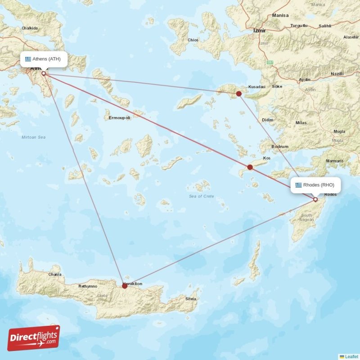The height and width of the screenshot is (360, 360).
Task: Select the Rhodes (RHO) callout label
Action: coord(315,184)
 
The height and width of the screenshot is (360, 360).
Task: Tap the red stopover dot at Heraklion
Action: coord(125,286)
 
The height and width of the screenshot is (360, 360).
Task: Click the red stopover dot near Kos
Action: coord(250,167)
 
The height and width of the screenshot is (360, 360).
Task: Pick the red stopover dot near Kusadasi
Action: coord(239,94)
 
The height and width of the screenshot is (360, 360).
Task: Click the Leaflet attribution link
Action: coord(351,356)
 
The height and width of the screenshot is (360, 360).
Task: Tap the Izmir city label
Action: coord(260,31)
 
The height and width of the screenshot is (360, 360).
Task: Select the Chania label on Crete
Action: coord(55,274)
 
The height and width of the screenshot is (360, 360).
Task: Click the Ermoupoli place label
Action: coord(120,118)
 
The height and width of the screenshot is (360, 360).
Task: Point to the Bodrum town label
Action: coord(280,147)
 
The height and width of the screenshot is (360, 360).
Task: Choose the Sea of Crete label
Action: coord(202,196)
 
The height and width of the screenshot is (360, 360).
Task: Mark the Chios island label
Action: coord(193,40)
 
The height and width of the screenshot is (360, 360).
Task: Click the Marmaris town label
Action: coord(334,161)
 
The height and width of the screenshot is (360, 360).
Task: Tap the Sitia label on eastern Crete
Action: coord(191,298)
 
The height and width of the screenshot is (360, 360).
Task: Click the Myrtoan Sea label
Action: coord(34,137)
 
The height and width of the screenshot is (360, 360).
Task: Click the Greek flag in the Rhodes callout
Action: coord(298,184)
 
